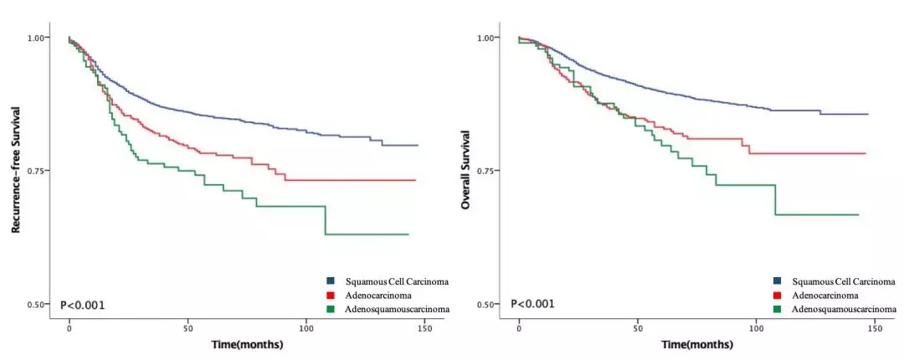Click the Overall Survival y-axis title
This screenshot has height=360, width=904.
tap(465, 171)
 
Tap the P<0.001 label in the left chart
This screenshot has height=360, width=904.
tap(83, 305)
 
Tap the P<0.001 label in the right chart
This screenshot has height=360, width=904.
tap(532, 303)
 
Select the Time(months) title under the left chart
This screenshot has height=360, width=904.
tap(246, 344)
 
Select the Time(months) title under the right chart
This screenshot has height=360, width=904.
tap(696, 344)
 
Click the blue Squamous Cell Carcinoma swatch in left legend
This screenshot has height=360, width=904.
tap(331, 281)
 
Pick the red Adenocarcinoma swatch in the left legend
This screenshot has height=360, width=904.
tap(331, 295)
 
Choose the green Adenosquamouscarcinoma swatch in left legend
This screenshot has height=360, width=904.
tap(331, 309)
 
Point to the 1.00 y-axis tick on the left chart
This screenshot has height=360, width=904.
tap(39, 38)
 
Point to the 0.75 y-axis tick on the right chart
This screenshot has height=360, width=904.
tap(489, 171)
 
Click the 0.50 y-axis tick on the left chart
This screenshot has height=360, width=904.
tap(39, 304)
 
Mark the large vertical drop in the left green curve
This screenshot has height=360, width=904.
tap(326, 220)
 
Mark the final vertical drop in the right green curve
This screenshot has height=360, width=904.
tap(775, 199)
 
